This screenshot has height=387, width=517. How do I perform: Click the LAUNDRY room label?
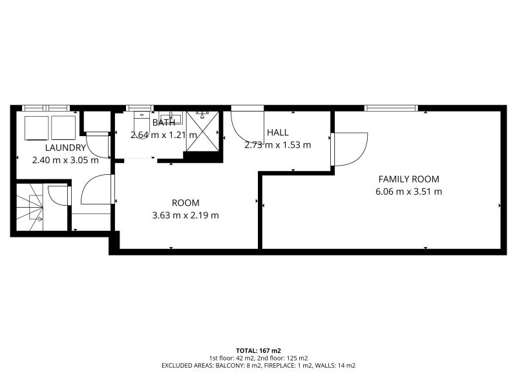click(66, 148)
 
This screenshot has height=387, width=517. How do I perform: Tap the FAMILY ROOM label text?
click(409, 179)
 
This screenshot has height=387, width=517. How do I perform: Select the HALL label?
click(278, 133)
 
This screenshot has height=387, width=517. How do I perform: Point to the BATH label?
click(164, 123)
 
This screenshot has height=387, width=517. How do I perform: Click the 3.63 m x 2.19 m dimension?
click(185, 215)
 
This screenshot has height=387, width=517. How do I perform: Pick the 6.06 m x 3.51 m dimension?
click(409, 192)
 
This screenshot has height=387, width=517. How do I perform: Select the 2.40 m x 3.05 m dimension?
click(65, 160)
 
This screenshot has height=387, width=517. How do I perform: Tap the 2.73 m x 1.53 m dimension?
click(278, 144)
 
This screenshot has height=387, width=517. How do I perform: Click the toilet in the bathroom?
click(142, 125)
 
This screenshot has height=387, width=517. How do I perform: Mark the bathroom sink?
click(171, 118)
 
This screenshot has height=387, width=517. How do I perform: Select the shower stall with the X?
click(202, 132)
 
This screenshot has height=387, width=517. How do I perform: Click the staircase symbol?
click(30, 207)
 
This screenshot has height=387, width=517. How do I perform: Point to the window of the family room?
click(391, 108)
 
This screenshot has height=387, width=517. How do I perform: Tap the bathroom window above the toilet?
click(140, 108)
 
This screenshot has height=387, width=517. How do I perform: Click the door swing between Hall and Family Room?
click(350, 149)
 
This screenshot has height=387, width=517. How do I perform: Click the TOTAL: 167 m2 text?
click(258, 351)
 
